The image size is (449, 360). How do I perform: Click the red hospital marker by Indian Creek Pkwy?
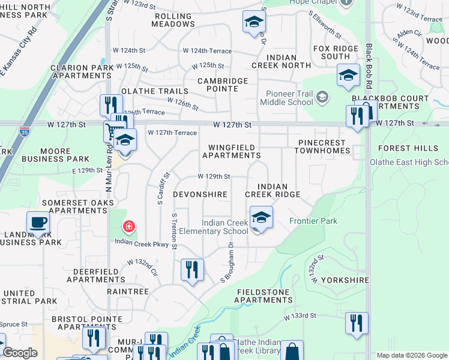tap(128, 226)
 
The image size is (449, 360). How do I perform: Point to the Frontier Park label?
tap(313, 221)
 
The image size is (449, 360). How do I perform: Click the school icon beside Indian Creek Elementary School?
tap(261, 217)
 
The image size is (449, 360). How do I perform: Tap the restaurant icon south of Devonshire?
tap(192, 269)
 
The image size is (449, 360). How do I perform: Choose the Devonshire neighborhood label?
tap(200, 195)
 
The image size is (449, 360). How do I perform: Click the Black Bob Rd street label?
tap(370, 67)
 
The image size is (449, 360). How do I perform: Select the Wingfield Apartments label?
tap(231, 151)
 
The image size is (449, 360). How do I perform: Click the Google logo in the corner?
tap(20, 353)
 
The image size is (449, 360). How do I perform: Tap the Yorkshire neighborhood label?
tap(345, 280)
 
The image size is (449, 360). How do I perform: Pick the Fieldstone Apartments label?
tap(264, 296)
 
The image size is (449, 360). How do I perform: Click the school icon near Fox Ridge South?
tap(348, 75)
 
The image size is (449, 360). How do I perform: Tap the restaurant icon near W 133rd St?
tap(357, 323)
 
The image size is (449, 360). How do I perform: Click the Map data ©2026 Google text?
tap(411, 355)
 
